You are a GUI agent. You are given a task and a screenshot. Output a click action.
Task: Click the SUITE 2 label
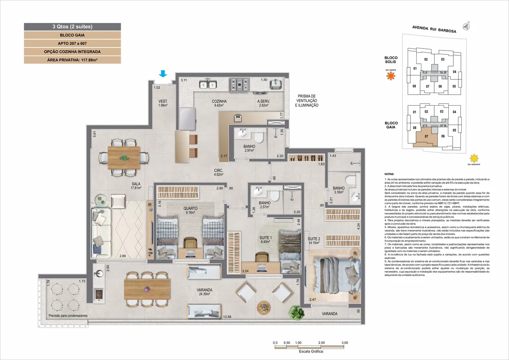314,239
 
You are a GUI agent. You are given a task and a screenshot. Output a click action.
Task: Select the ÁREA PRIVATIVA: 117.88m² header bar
72,60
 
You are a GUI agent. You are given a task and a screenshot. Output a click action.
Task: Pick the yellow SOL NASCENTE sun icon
475,158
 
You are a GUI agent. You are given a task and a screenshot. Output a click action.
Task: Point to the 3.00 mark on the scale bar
344,343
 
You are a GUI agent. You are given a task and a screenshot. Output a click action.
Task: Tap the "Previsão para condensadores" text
68,315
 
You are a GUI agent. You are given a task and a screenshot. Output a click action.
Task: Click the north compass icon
466,26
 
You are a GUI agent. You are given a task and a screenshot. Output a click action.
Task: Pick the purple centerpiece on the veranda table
147,289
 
